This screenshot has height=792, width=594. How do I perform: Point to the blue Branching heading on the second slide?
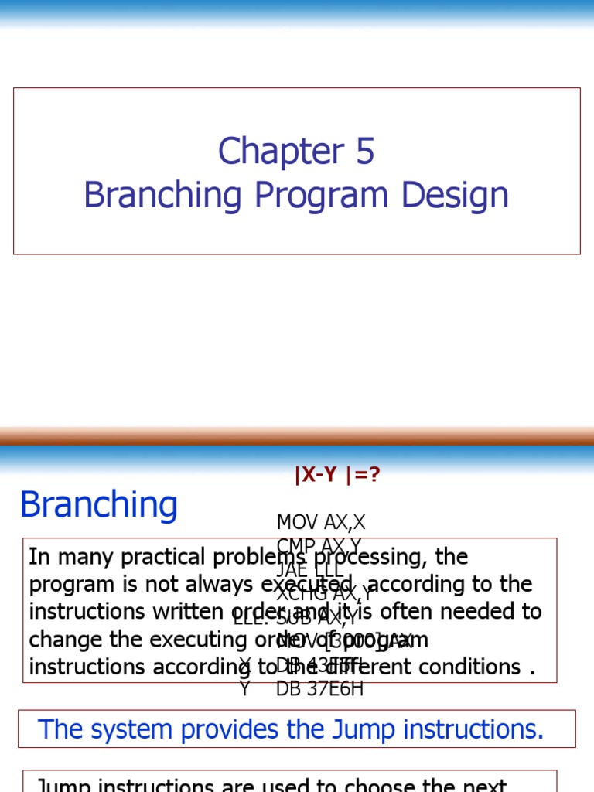(99, 505)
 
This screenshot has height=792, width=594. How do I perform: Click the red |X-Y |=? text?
(337, 475)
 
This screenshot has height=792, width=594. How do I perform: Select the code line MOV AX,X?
(321, 523)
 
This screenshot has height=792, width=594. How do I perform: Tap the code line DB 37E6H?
(320, 689)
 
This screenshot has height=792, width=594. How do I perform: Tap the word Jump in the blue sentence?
(349, 729)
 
